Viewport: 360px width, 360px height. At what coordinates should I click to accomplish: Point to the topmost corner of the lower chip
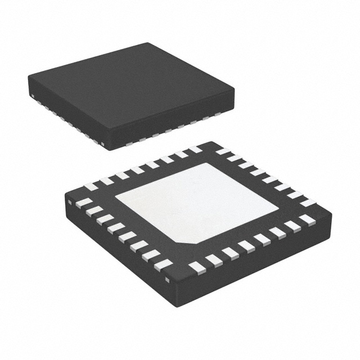tap(213, 141)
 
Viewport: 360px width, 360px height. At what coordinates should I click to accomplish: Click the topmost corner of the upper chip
tap(148, 43)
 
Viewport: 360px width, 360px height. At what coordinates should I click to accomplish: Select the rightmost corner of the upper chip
tap(235, 88)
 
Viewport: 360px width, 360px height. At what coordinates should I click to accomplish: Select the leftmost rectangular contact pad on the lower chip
tap(84, 202)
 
